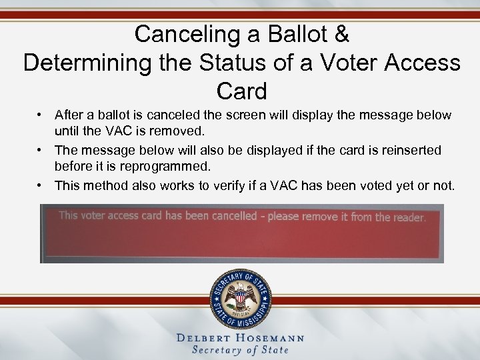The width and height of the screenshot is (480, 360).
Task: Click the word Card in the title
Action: [241, 91]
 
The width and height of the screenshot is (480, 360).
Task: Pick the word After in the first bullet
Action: [69, 115]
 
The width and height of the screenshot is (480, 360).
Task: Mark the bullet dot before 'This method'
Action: [41, 185]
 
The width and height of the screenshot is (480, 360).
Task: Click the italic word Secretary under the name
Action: [217, 350]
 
